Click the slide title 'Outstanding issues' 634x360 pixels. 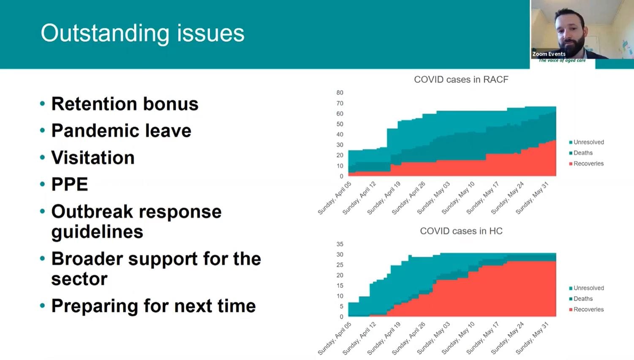coord(142,33)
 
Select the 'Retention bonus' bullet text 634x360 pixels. coord(125,104)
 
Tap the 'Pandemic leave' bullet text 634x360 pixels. coord(121,131)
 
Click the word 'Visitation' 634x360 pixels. coord(93,158)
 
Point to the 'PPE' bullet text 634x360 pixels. coord(70,184)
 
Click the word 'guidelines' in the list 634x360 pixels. coord(97,232)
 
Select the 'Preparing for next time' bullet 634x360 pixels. coord(153,305)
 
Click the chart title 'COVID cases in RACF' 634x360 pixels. coord(461,79)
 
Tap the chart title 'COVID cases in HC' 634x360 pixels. coord(461,231)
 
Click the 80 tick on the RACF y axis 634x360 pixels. coord(340,93)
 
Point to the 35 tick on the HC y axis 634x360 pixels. coord(340,244)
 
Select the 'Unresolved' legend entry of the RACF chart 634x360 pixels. coord(588,142)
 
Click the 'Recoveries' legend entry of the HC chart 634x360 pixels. coord(588,309)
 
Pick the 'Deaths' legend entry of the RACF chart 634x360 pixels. coord(582,153)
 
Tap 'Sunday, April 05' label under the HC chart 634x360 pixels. coord(335,338)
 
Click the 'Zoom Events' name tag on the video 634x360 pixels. coord(549,54)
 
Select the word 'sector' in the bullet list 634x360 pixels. coord(79,279)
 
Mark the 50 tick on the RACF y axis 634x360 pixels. coord(340,124)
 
